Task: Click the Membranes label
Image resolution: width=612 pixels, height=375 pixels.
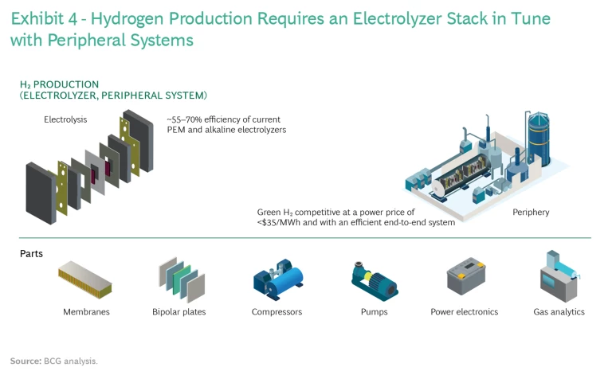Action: (86, 312)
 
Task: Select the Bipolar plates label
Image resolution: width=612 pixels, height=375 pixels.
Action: (178, 312)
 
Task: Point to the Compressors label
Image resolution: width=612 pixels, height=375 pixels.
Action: (277, 312)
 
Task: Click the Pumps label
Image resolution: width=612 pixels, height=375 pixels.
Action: (374, 312)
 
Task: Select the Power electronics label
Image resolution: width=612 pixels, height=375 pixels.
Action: (464, 312)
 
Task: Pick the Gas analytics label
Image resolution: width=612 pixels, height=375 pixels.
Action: (559, 312)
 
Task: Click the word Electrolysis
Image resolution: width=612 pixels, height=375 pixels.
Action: (65, 119)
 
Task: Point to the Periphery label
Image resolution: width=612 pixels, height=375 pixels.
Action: (531, 213)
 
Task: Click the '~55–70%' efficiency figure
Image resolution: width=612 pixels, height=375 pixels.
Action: (186, 119)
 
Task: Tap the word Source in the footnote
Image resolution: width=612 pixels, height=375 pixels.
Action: (25, 361)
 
